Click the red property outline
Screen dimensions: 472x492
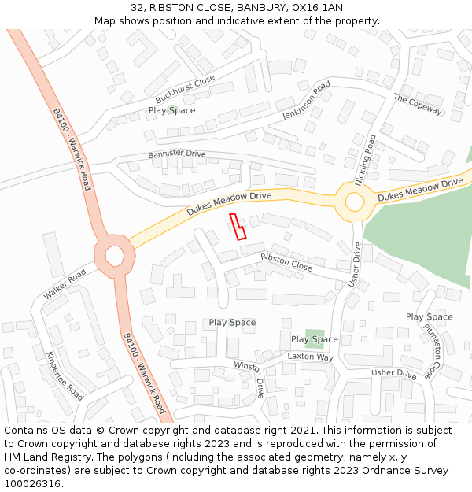pos(237,226)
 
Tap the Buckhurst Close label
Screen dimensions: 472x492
pos(185,90)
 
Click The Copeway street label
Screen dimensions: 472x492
pos(418,105)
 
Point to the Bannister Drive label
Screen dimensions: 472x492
pos(176,154)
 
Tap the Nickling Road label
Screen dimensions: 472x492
pos(365,160)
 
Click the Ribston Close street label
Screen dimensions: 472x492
pos(286,263)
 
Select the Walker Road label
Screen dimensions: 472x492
pos(65,284)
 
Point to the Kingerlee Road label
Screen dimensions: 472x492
pos(65,375)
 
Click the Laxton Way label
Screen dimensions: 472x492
pos(310,357)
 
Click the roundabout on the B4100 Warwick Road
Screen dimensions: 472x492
pos(114,256)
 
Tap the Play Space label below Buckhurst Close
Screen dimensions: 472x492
pos(171,110)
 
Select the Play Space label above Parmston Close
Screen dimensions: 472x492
pos(429,316)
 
